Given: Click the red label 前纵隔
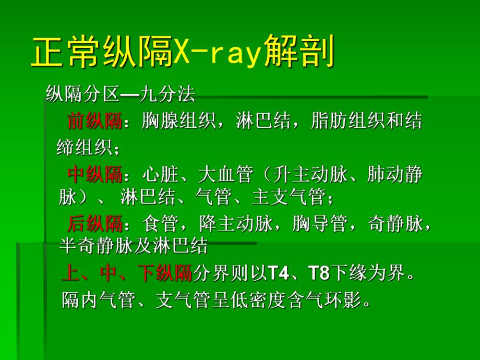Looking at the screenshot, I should tap(94, 122).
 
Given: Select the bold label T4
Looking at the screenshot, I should tap(277, 273).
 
